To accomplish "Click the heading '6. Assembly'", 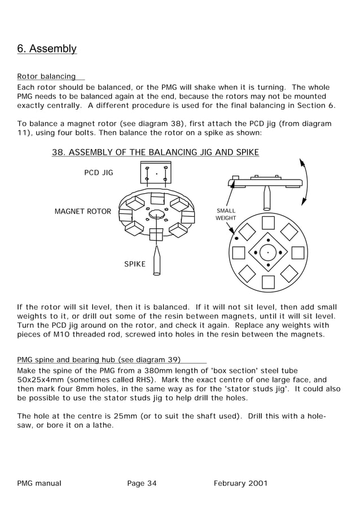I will point(47,49).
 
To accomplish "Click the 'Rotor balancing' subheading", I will point(46,76).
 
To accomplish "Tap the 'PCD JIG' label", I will point(98,173).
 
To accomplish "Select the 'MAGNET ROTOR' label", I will point(82,212).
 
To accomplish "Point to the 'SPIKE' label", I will point(135,264).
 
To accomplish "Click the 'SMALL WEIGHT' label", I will point(226,214).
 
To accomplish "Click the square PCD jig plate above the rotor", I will point(155,173).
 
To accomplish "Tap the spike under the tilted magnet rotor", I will point(156,260).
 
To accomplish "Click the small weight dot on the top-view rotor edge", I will point(236,238).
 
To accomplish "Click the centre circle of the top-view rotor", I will point(268,252).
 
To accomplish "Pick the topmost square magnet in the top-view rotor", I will point(268,223).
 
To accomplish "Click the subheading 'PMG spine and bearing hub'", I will point(99,359).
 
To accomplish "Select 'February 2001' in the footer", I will point(240,483).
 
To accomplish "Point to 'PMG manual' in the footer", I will point(39,483).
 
